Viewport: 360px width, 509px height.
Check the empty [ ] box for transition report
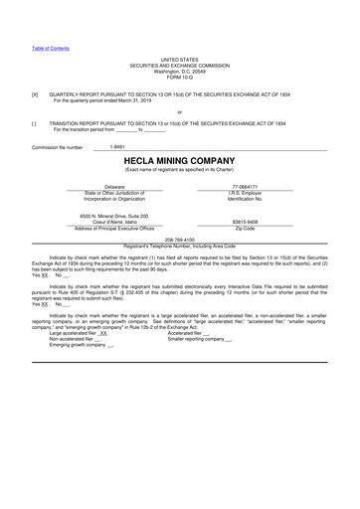pos(35,123)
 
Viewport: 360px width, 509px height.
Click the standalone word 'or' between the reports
pos(179,112)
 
